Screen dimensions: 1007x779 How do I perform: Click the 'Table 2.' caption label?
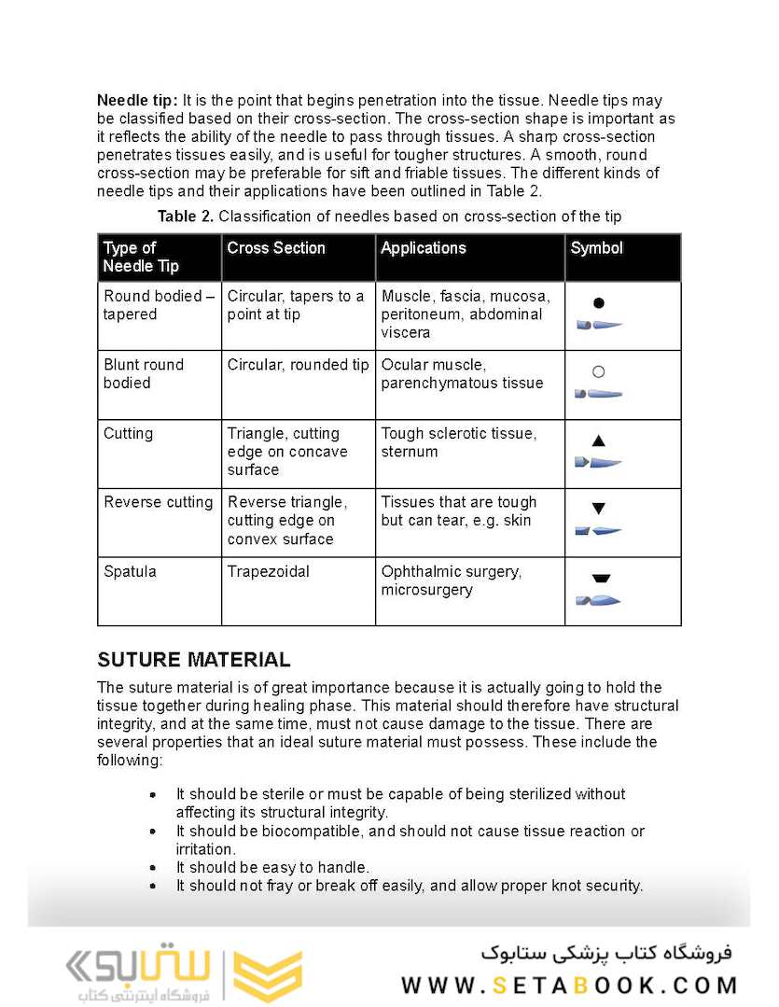click(186, 217)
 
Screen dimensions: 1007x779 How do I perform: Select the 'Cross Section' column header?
click(276, 248)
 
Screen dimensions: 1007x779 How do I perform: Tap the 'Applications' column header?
click(424, 248)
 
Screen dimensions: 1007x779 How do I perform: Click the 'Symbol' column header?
click(597, 248)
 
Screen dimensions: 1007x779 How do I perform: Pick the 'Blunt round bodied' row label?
click(144, 373)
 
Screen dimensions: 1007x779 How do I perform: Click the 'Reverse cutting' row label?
click(159, 502)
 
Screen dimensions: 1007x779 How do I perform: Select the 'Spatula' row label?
click(131, 571)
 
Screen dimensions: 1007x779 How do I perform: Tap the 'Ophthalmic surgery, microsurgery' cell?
click(451, 580)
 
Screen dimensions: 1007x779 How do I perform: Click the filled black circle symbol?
click(599, 302)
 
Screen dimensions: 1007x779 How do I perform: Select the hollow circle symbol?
click(599, 371)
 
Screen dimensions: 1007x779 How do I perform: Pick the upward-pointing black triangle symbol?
click(599, 441)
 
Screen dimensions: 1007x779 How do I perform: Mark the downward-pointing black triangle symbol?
click(599, 510)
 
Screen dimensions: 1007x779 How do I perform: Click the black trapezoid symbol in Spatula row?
click(600, 579)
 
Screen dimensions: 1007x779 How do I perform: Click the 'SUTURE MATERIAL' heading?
click(194, 660)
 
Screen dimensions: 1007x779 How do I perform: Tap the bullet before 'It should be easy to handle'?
click(153, 868)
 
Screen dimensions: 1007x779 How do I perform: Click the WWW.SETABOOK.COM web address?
click(569, 986)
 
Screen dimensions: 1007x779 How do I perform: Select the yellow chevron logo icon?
click(268, 975)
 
